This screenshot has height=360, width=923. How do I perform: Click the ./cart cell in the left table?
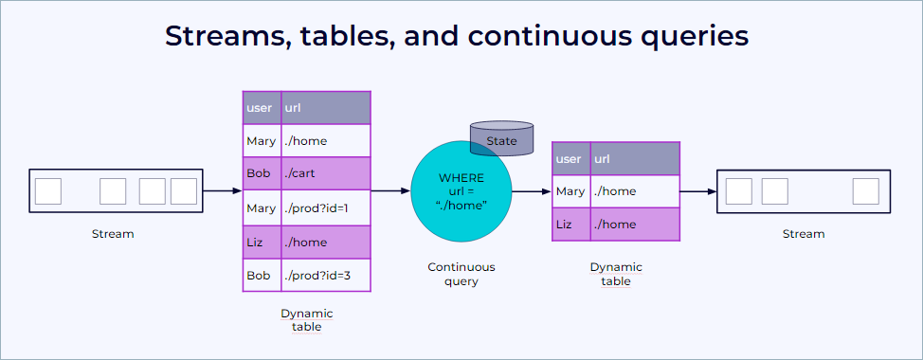[x=325, y=174]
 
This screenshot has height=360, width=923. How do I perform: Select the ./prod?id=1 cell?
[x=325, y=208]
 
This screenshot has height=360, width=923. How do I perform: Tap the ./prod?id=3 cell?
[x=325, y=276]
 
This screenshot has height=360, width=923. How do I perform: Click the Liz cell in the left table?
[x=262, y=243]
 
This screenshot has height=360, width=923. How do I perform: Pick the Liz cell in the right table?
[x=570, y=225]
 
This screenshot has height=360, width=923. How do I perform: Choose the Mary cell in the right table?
[x=570, y=191]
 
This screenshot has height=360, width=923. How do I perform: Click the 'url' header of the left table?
[x=325, y=108]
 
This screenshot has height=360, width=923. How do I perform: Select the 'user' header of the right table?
[x=570, y=159]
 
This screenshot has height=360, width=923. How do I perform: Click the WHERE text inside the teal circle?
[x=461, y=178]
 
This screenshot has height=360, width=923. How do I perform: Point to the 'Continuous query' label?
[x=461, y=274]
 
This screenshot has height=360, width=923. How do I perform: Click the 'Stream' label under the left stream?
[x=113, y=234]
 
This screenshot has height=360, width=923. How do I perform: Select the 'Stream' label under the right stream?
[x=804, y=234]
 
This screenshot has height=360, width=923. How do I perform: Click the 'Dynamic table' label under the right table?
[x=615, y=274]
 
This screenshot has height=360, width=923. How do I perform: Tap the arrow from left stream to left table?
[x=223, y=191]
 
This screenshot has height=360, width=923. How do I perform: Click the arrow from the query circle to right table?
[x=532, y=191]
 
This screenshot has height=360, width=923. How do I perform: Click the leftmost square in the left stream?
[x=48, y=191]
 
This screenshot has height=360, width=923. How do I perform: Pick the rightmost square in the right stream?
[x=865, y=191]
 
